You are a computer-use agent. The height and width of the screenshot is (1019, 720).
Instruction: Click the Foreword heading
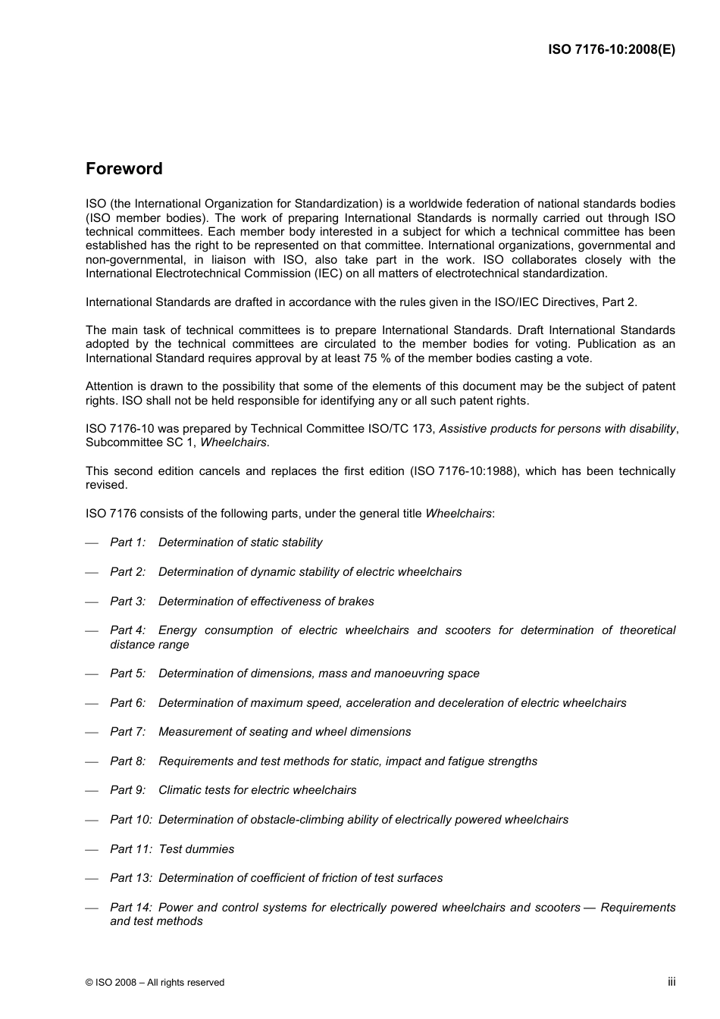click(x=124, y=169)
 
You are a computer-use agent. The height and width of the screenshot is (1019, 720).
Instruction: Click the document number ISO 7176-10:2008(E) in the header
click(x=611, y=50)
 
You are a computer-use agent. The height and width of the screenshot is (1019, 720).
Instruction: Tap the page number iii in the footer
click(x=671, y=981)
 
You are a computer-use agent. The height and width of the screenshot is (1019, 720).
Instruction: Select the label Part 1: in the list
click(x=127, y=542)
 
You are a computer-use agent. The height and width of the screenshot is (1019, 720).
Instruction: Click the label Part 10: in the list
click(x=130, y=820)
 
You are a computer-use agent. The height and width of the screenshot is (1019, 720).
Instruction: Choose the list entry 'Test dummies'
click(x=196, y=849)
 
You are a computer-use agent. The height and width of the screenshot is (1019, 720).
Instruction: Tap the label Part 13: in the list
click(x=130, y=878)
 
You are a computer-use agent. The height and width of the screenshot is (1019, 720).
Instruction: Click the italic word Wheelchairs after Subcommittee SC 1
click(x=233, y=442)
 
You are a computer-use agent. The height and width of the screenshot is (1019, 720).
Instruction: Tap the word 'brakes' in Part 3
click(x=355, y=602)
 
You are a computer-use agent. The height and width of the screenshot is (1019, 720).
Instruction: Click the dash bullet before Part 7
click(x=92, y=733)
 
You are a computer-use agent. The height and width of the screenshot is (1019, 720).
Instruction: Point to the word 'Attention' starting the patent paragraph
click(x=109, y=386)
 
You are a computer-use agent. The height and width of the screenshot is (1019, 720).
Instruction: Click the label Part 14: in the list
click(x=130, y=908)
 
